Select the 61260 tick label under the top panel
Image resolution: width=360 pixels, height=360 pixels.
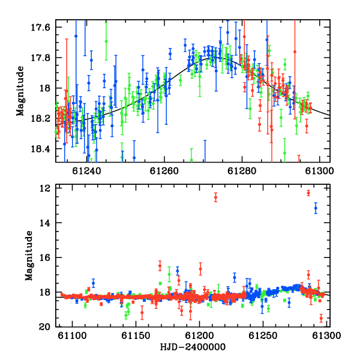click(164, 171)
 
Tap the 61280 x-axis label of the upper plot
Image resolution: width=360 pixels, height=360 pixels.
click(242, 171)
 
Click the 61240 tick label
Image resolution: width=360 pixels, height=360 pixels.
click(87, 171)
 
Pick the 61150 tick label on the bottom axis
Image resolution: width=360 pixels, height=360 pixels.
click(136, 335)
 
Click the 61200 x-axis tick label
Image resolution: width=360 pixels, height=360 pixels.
click(200, 335)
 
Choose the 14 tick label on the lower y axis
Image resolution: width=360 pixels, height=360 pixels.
click(45, 223)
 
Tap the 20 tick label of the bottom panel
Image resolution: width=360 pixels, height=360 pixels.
click(45, 327)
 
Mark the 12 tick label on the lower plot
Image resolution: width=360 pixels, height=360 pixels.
click(45, 188)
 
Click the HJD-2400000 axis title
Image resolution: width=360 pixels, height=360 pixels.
click(193, 347)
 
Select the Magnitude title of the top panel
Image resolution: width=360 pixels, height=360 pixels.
click(20, 91)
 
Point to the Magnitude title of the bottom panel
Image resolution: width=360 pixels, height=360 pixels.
click(29, 256)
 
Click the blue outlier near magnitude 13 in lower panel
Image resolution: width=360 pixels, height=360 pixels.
click(316, 208)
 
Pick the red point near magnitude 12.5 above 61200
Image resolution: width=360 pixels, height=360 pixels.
click(215, 197)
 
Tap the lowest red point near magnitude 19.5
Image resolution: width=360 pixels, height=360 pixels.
click(321, 318)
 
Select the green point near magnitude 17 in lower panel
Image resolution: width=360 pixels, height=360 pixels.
click(169, 274)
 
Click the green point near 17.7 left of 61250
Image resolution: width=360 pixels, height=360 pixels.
click(106, 41)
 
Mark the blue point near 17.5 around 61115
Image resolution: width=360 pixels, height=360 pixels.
click(93, 283)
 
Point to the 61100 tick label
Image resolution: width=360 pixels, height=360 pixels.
click(72, 335)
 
